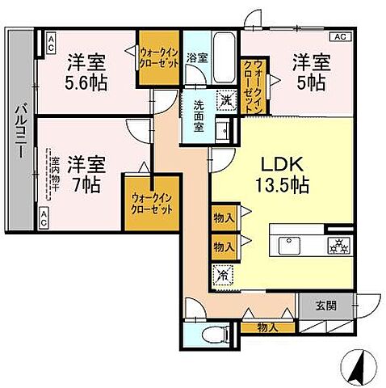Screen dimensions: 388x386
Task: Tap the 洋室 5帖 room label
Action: coord(311,71)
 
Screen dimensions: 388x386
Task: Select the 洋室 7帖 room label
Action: coord(84,172)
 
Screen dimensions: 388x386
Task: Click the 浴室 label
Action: coord(196,57)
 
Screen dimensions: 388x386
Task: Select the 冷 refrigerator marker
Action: coord(224,275)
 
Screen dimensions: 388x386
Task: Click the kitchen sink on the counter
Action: coord(289,243)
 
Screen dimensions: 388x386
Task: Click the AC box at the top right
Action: coord(339,36)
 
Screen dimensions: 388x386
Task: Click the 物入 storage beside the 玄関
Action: coord(267,328)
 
